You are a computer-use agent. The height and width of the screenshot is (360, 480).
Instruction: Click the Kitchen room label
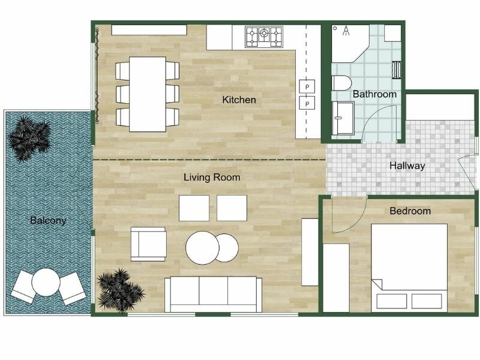[239, 100]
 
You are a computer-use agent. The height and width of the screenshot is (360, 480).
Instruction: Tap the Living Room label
[212, 177]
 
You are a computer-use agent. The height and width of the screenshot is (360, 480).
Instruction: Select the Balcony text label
[48, 220]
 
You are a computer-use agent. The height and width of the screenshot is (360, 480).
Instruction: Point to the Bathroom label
[374, 94]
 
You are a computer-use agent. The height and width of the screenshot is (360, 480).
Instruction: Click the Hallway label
[407, 166]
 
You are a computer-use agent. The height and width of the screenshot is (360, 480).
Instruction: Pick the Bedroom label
[410, 211]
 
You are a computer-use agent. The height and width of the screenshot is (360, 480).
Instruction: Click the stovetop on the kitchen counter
[264, 37]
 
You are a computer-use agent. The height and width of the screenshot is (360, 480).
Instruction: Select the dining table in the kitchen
[148, 94]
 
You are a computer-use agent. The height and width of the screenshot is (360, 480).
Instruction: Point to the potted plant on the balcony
[29, 139]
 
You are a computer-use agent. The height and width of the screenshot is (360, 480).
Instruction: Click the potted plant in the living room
[120, 291]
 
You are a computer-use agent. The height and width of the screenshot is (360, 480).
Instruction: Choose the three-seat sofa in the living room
[213, 295]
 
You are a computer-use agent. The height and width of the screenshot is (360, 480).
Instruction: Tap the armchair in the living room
[148, 244]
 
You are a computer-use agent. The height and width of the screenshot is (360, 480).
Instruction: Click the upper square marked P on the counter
[308, 86]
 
